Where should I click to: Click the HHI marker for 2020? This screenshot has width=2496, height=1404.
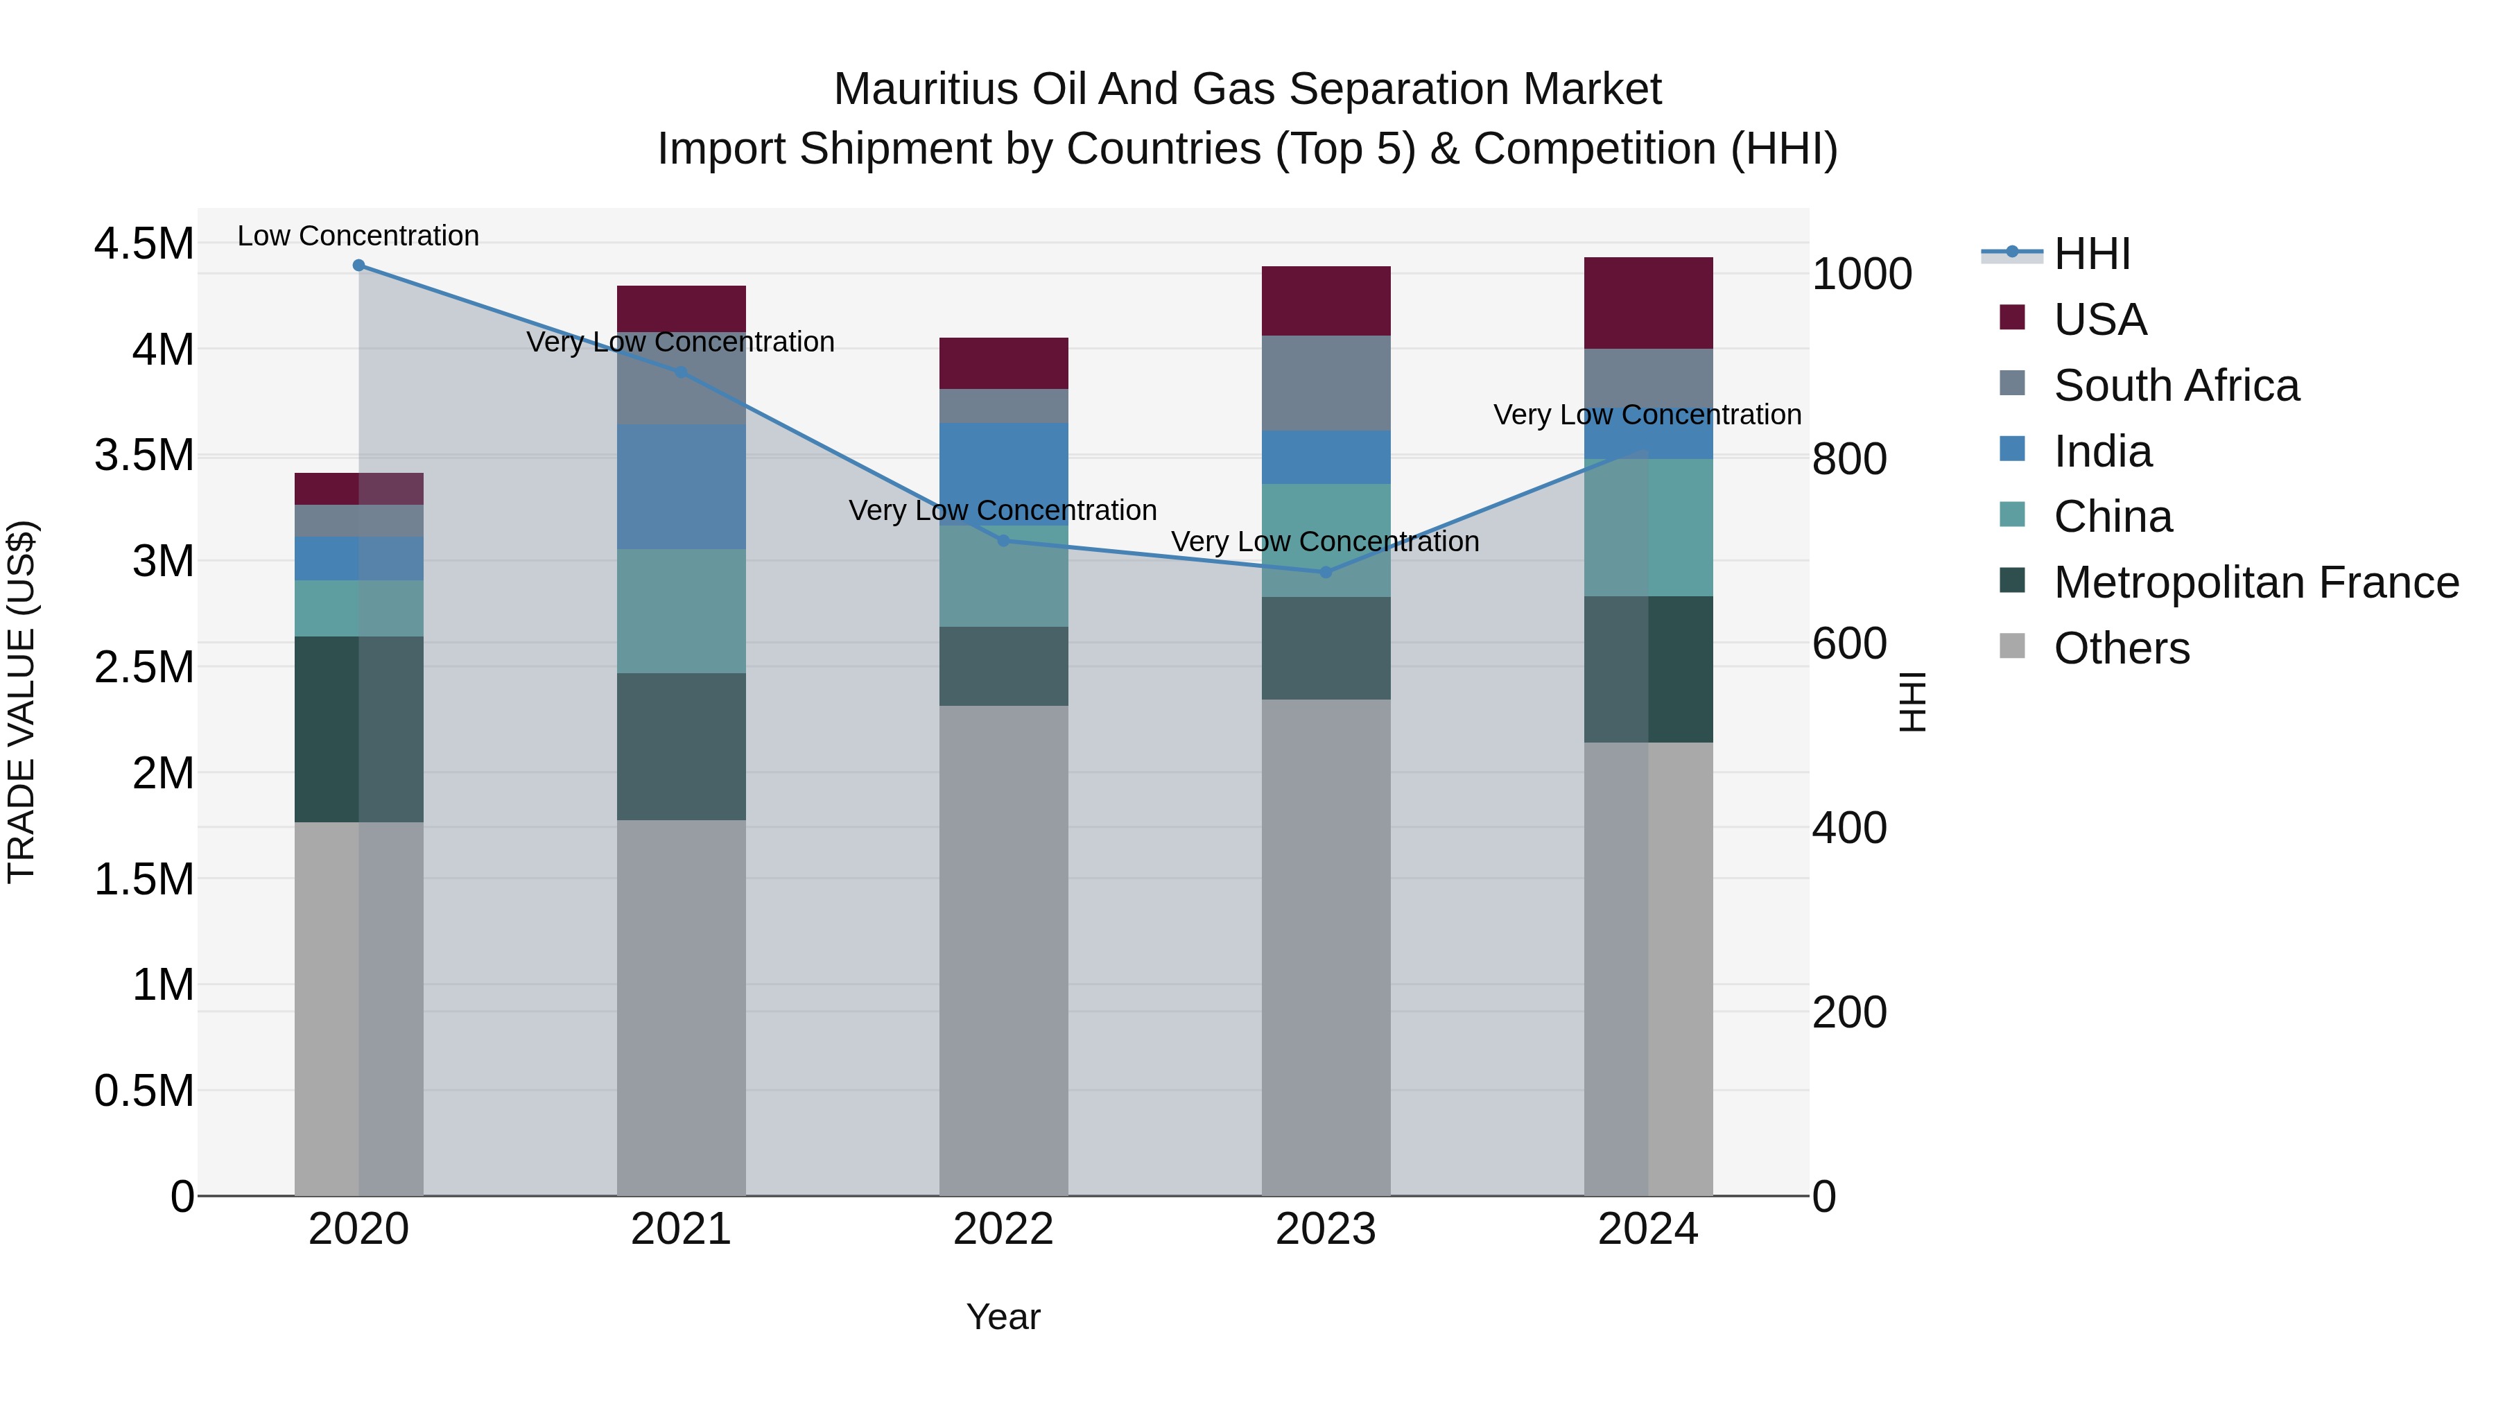[358, 265]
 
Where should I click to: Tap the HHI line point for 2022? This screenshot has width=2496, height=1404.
[1003, 541]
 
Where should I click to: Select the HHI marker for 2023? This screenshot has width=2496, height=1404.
[1326, 572]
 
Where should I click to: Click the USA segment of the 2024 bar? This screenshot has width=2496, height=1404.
[1647, 302]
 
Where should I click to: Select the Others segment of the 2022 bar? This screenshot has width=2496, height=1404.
[1003, 950]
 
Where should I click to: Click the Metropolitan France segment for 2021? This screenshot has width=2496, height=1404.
[681, 746]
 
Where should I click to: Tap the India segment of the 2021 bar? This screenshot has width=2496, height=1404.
[681, 487]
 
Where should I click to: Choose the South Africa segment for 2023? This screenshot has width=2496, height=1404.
[1326, 383]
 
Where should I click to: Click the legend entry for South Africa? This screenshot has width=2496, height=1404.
[2175, 385]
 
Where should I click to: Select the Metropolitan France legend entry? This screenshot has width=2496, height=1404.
[2255, 582]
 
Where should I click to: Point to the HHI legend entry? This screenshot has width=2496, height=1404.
[2091, 254]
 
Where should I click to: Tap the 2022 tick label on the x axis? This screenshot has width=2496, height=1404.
[1003, 1229]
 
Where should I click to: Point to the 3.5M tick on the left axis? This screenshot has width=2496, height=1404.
[144, 454]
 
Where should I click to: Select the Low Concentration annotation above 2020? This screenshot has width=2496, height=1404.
[358, 236]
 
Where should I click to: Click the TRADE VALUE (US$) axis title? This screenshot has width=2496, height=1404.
[21, 702]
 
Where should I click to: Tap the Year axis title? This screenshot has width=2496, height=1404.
[1003, 1317]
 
